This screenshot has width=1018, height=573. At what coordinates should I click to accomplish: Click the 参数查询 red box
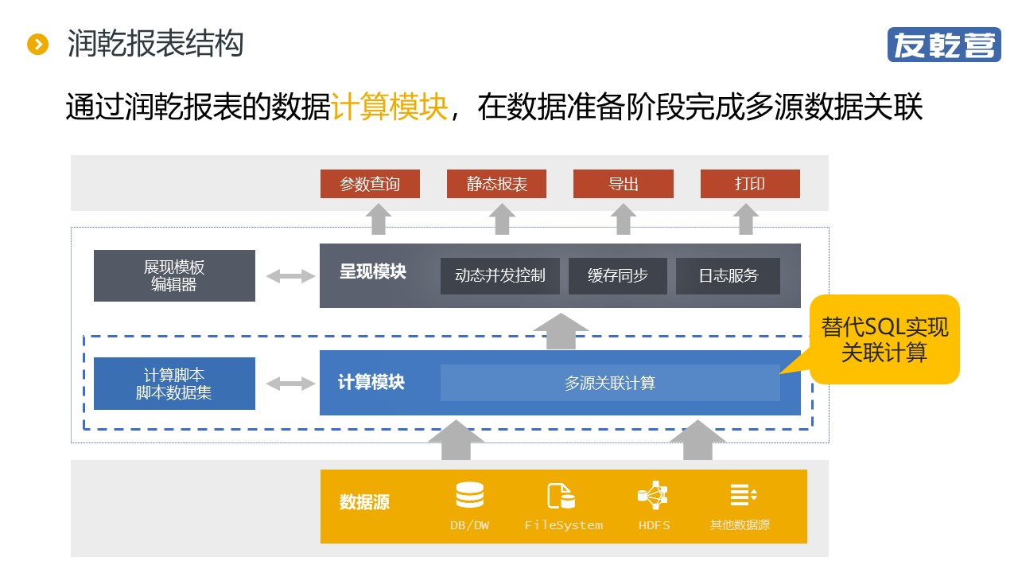(x=370, y=184)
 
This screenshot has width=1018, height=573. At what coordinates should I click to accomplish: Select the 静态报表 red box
(x=497, y=184)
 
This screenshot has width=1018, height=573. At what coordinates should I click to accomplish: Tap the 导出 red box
(x=624, y=184)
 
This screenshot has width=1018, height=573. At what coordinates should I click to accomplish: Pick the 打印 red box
(x=750, y=184)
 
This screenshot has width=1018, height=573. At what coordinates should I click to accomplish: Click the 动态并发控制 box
(x=500, y=276)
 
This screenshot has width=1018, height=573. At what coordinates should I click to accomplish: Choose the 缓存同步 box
(x=618, y=276)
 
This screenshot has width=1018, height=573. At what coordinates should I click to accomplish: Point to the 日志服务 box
(x=729, y=276)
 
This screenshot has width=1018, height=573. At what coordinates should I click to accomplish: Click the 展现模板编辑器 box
(x=174, y=276)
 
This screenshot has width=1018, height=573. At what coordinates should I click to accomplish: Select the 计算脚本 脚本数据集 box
(x=174, y=384)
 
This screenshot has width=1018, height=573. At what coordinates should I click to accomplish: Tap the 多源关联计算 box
(x=610, y=383)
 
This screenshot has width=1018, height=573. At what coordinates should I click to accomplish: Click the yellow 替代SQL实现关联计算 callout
(x=884, y=340)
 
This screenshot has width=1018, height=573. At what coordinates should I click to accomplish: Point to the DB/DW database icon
(x=469, y=496)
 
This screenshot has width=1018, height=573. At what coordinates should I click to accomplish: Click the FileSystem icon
(x=561, y=496)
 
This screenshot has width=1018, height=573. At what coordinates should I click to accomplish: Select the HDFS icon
(x=653, y=496)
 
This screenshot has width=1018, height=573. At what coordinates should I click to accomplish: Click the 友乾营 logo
(x=943, y=45)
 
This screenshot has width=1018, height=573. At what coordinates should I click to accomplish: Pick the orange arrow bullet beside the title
(x=37, y=45)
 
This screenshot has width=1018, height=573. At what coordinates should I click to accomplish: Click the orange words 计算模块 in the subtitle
(x=390, y=107)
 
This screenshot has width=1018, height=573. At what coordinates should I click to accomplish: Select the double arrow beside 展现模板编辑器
(x=290, y=276)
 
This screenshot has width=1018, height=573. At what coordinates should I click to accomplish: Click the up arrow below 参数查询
(x=379, y=219)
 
